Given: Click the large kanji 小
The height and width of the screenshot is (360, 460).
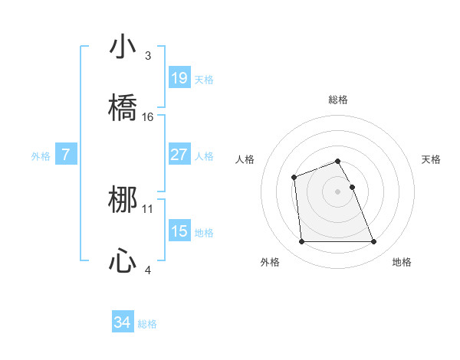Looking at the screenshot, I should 123,47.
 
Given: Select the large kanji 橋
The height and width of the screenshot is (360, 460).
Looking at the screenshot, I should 123,109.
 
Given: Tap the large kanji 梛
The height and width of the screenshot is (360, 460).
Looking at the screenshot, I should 123,201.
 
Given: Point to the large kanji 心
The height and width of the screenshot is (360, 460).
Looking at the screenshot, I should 123,262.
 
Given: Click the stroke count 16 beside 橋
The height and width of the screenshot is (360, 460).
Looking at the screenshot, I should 148,117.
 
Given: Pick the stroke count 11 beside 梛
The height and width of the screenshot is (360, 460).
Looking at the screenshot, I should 148,208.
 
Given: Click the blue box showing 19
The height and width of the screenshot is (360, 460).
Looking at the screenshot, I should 179,78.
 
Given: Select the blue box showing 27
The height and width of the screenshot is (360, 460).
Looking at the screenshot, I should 179,155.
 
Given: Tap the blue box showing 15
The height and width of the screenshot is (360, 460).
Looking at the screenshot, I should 179,231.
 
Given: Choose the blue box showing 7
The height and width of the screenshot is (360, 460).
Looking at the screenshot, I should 66,155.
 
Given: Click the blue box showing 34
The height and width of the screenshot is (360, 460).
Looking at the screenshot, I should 123,323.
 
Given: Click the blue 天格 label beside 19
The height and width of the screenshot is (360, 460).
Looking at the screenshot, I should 204,79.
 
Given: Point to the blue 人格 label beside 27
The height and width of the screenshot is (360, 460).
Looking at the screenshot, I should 204,155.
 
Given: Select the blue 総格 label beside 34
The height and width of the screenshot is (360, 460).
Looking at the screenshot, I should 147,324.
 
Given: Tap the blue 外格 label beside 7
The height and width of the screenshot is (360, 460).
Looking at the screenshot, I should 41,155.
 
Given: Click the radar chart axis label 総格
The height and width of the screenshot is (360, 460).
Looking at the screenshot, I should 338,100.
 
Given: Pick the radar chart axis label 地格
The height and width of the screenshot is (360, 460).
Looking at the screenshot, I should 402,262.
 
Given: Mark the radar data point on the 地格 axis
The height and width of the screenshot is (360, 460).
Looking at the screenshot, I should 373,242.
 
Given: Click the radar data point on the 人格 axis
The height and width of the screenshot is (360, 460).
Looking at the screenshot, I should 294,178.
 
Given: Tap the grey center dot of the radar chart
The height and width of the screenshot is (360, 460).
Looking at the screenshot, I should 338,191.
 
